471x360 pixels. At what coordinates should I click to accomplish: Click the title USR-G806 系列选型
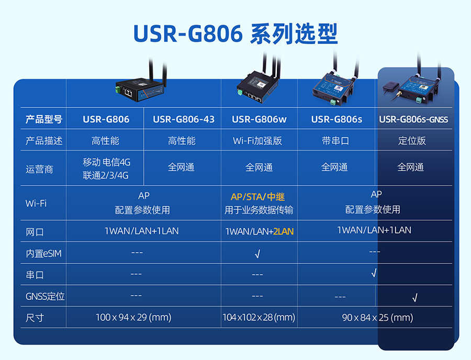236,33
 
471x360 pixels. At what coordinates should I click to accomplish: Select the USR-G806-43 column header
184,119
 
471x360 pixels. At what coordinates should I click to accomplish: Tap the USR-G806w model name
259,119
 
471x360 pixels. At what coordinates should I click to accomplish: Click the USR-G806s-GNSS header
413,119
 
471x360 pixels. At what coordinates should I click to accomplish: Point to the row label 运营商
39,170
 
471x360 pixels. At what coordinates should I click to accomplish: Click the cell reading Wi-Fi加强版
257,141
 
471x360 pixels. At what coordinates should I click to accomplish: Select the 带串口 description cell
335,141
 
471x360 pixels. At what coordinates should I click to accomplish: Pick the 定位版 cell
412,141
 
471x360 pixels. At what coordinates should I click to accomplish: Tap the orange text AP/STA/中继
257,197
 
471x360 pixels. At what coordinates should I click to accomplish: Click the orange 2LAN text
283,231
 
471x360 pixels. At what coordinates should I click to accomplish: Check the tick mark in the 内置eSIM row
257,254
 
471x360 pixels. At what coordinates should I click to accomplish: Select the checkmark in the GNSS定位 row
415,298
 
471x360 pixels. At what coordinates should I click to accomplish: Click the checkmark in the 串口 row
374,273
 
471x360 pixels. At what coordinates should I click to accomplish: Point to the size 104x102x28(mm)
259,318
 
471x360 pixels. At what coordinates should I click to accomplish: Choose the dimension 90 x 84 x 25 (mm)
377,318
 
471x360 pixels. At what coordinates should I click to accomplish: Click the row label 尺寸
35,318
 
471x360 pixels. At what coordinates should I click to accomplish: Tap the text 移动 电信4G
107,162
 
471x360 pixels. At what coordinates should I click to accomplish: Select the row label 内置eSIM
43,254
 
